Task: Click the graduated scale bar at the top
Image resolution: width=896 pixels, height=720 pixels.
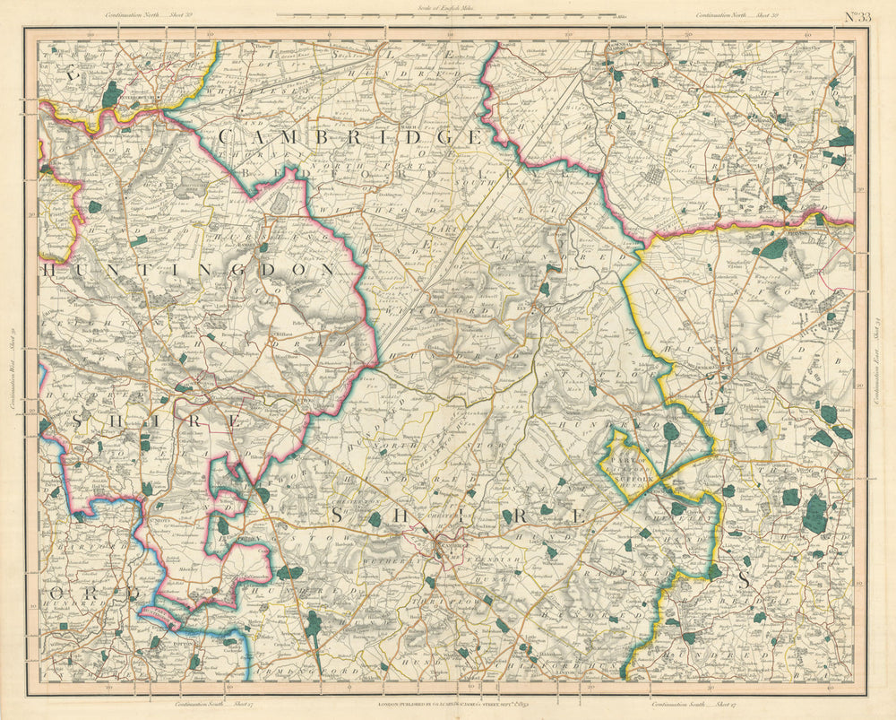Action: click(446, 16)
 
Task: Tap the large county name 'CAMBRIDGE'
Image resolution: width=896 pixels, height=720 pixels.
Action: click(350, 137)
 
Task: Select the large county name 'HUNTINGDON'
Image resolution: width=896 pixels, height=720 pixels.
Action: click(188, 269)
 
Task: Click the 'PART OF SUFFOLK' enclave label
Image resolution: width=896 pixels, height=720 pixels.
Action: click(637, 461)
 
